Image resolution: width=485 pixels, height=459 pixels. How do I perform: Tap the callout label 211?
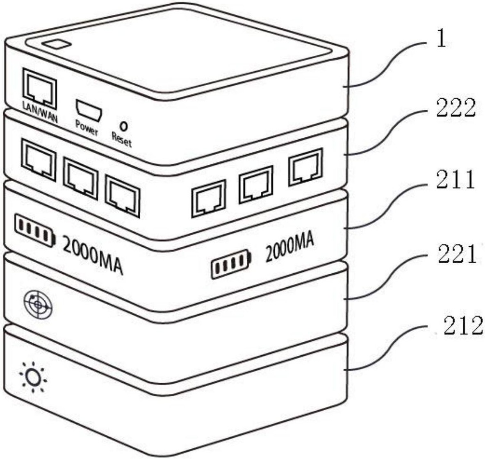point(455,181)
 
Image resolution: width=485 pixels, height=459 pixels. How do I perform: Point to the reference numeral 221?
point(456,254)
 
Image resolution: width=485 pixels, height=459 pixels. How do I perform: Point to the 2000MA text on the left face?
point(93,255)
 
